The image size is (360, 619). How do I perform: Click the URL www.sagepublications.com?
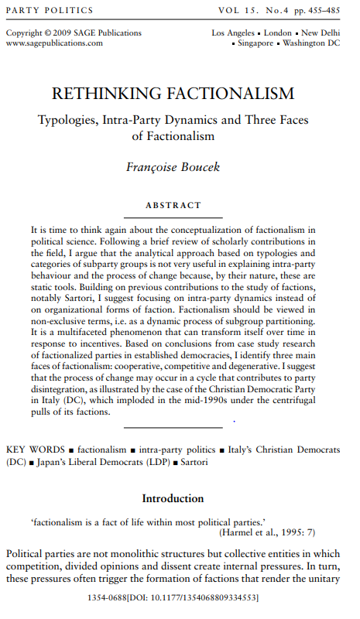pos(54,43)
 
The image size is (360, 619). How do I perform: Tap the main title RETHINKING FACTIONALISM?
pos(173,94)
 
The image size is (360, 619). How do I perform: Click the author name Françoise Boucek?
pos(173,166)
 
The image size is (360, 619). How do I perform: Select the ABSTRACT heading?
pos(173,206)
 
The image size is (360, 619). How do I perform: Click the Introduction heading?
pos(173,498)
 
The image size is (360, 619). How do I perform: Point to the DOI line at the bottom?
pos(173,598)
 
